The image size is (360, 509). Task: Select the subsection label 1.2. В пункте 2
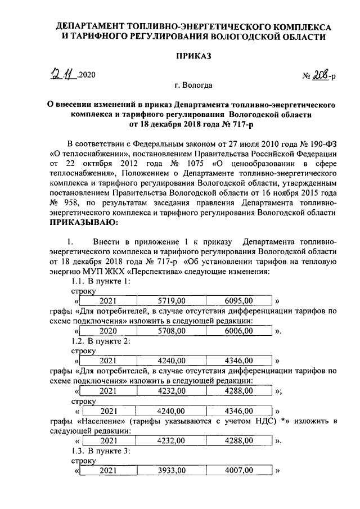101,341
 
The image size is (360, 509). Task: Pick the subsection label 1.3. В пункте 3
101,451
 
